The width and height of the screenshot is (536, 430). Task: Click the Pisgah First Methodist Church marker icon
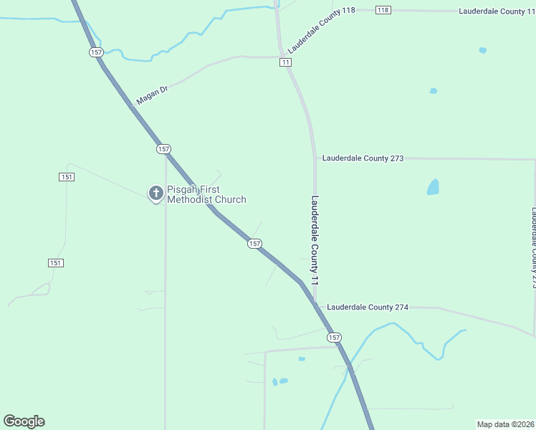point(155,193)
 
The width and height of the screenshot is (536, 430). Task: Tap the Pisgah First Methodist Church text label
point(206,195)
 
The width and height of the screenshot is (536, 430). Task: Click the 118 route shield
point(383,9)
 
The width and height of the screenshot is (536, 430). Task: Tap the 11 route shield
point(286,63)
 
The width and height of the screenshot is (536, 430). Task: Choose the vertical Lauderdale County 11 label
point(314,242)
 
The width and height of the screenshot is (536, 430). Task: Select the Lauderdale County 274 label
point(368,307)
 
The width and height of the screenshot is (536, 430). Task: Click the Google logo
point(24,421)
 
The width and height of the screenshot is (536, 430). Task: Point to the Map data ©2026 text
point(505,424)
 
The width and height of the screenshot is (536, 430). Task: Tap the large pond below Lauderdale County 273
point(433,188)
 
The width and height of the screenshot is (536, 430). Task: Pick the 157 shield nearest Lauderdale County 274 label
point(334,337)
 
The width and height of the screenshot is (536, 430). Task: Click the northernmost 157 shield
point(97,52)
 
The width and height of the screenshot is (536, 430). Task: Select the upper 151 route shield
point(67,177)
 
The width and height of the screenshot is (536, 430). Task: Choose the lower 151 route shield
point(56,263)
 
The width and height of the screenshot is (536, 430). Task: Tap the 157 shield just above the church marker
point(163,149)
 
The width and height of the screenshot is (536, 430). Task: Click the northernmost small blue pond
point(482,50)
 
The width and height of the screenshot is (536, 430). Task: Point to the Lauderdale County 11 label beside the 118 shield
point(492,11)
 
